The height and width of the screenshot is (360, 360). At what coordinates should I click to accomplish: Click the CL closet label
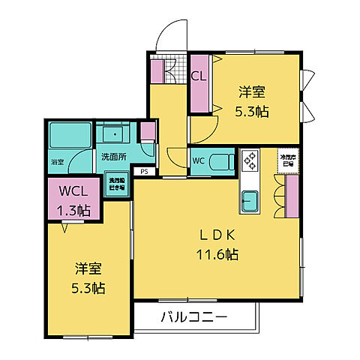click(199, 76)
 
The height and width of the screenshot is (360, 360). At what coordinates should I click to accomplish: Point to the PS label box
click(143, 171)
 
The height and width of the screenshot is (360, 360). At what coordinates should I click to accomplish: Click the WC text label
click(198, 160)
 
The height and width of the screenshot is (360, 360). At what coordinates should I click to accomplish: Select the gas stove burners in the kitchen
click(249, 160)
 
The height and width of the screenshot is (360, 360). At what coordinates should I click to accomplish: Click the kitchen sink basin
click(249, 201)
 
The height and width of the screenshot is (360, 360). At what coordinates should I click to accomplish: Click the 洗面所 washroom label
click(113, 157)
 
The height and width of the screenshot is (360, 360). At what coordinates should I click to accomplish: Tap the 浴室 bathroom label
click(58, 162)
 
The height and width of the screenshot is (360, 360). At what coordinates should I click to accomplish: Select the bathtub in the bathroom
click(70, 136)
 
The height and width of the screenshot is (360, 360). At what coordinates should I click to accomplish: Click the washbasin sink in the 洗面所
click(115, 134)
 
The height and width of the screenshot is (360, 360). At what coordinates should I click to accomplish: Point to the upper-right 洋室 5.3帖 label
click(253, 101)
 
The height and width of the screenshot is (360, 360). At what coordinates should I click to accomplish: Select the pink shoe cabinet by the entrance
click(158, 70)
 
